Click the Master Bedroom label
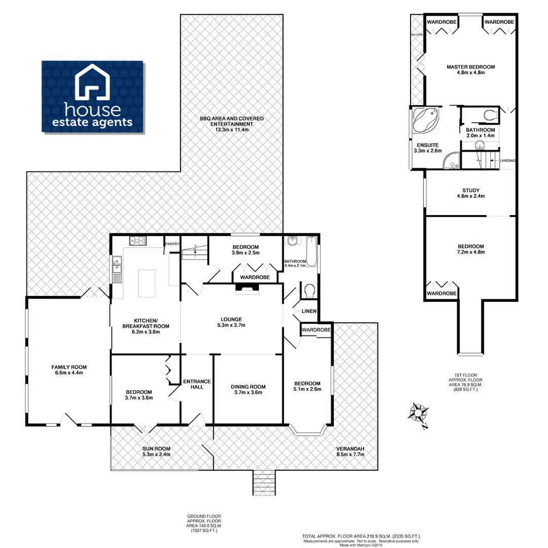point(470,66)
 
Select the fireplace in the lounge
point(247,289)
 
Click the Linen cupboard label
point(309,311)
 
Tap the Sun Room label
point(156,449)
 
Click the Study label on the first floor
point(470,190)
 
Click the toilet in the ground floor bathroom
point(309,290)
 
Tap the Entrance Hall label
point(197,384)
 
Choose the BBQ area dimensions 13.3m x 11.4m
point(231,130)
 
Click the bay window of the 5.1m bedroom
point(308,431)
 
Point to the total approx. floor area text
point(361,536)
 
